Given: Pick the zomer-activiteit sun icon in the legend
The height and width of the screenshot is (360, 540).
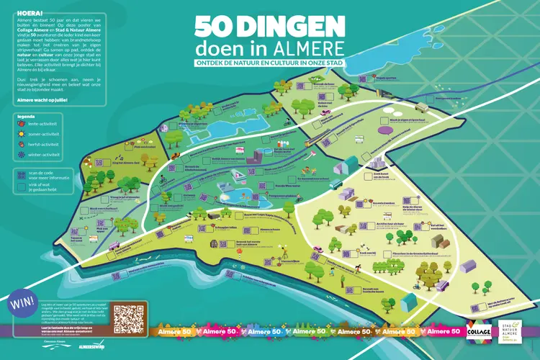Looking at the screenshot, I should [x=19, y=133].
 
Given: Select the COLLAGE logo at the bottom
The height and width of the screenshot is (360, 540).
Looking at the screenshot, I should [x=477, y=330].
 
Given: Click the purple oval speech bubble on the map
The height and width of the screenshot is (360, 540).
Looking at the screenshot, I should [x=387, y=131].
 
